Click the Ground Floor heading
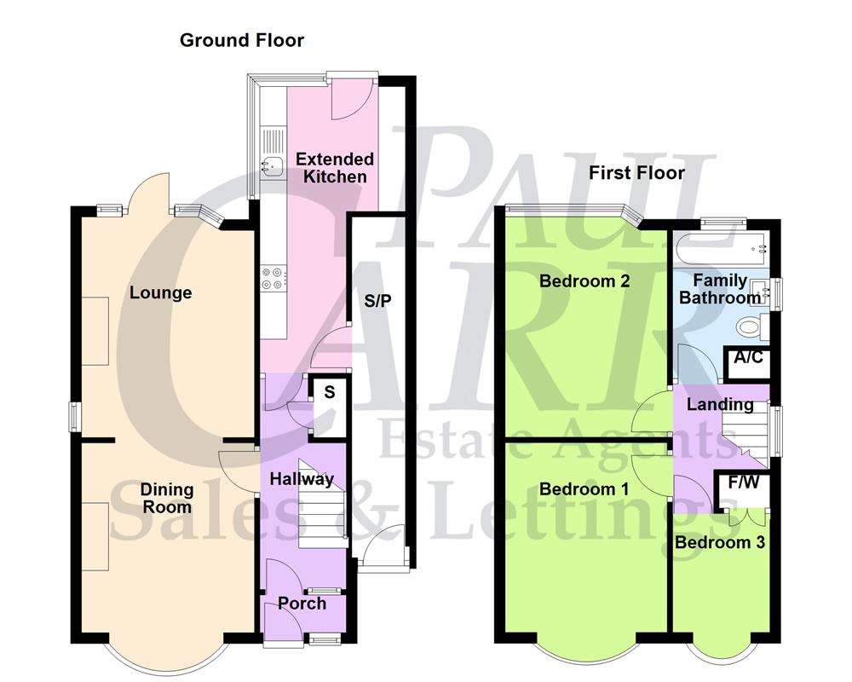(x=241, y=40)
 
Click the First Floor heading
(x=636, y=173)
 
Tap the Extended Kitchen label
(x=334, y=168)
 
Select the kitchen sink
(x=273, y=165)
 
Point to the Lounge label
(x=160, y=292)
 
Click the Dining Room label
(x=154, y=499)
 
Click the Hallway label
(x=302, y=479)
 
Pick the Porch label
(x=302, y=604)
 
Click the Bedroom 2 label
(x=584, y=280)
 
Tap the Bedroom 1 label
(x=584, y=488)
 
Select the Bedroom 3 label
(x=720, y=542)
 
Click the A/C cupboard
(x=748, y=358)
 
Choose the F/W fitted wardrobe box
(x=742, y=483)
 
